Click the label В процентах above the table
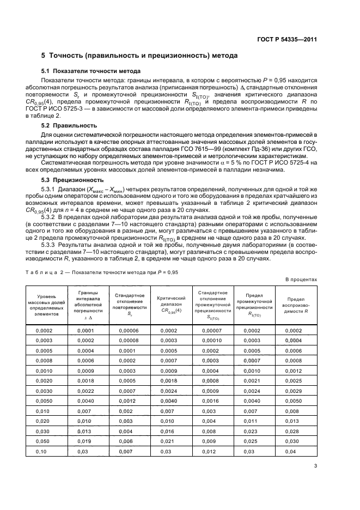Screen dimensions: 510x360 tap(301, 280)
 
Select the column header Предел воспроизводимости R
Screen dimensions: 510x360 tap(296, 305)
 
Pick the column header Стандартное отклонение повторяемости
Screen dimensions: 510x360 tap(130, 305)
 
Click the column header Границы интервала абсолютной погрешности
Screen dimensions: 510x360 tap(88, 305)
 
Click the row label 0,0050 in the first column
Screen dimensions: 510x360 tap(44, 400)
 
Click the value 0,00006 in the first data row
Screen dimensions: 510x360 tap(128, 331)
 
